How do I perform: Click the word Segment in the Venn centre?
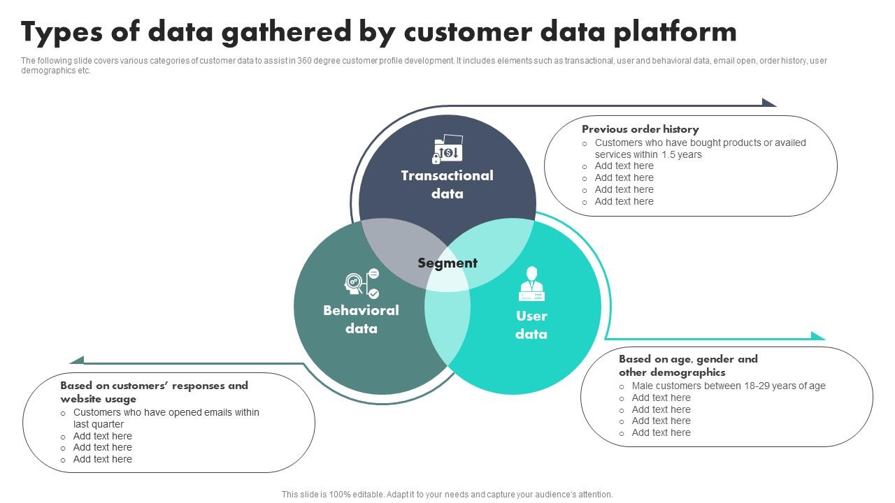pyautogui.click(x=447, y=263)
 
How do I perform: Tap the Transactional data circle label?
pyautogui.click(x=447, y=184)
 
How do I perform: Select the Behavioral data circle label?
pyautogui.click(x=361, y=319)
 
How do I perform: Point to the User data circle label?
pyautogui.click(x=531, y=325)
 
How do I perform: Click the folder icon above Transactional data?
pyautogui.click(x=447, y=150)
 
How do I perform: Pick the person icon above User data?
pyautogui.click(x=531, y=283)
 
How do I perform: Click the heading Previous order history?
pyautogui.click(x=640, y=129)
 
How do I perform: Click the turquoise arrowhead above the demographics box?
pyautogui.click(x=817, y=336)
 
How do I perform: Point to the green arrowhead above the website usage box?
pyautogui.click(x=77, y=360)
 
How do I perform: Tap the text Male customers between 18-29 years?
pyautogui.click(x=729, y=386)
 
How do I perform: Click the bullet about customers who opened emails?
pyautogui.click(x=166, y=418)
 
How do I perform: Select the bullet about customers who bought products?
pyautogui.click(x=700, y=148)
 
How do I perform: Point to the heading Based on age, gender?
pyautogui.click(x=687, y=365)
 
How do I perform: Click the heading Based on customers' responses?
pyautogui.click(x=154, y=392)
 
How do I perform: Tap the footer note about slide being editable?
pyautogui.click(x=447, y=494)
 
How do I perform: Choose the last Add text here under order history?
pyautogui.click(x=624, y=201)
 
